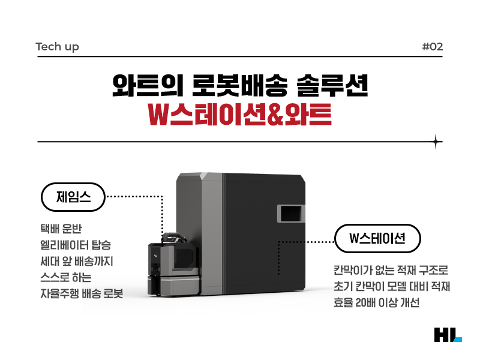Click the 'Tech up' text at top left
57,47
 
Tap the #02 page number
432,47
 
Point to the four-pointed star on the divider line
437,142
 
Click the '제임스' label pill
73,197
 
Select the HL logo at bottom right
447,335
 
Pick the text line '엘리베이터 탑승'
75,246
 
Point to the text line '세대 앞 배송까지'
76,262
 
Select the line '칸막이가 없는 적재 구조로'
391,271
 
